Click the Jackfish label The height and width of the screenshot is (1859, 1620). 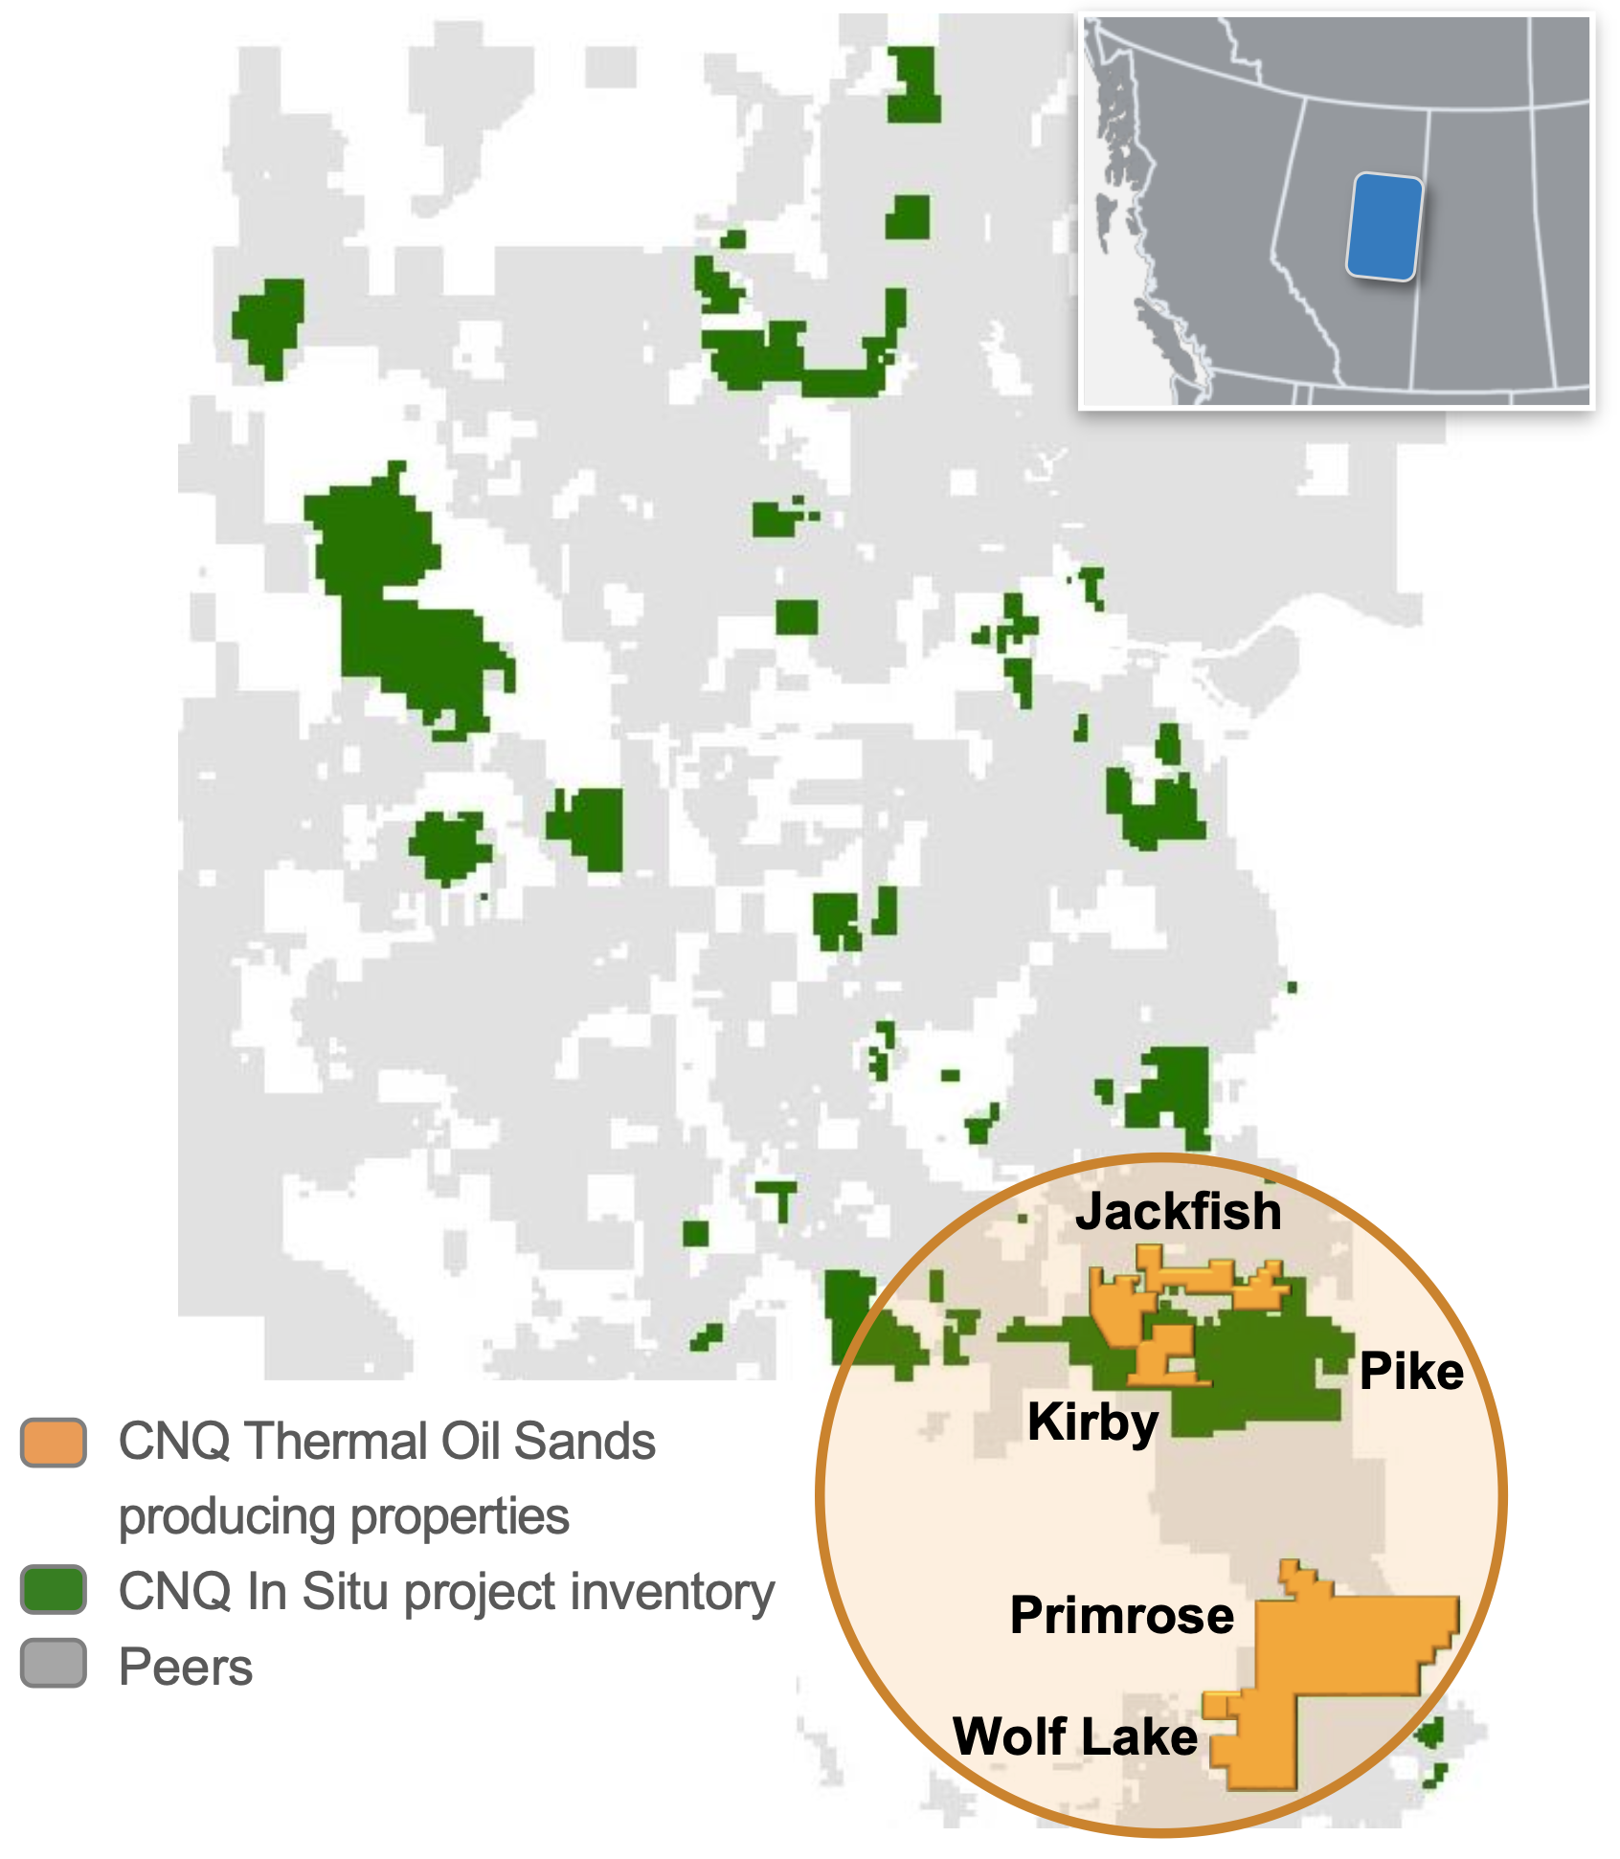click(x=1178, y=1212)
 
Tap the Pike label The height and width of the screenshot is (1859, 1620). click(x=1411, y=1372)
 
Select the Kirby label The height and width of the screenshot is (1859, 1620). click(x=1092, y=1422)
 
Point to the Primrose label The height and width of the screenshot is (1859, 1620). click(x=1122, y=1616)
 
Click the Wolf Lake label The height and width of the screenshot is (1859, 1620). click(x=1075, y=1736)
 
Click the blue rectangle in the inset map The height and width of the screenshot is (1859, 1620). click(x=1384, y=227)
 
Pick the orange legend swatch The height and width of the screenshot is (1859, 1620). click(x=54, y=1443)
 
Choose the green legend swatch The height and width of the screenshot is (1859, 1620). click(x=54, y=1590)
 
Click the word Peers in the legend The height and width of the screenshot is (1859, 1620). click(x=186, y=1667)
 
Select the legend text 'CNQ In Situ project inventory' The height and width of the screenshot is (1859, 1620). click(x=446, y=1592)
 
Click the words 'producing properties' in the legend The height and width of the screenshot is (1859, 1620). click(x=344, y=1516)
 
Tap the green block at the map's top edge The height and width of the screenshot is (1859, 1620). click(x=912, y=84)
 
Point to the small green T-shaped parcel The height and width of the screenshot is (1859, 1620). click(x=779, y=1198)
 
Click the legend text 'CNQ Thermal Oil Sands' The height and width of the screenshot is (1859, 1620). click(x=387, y=1442)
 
